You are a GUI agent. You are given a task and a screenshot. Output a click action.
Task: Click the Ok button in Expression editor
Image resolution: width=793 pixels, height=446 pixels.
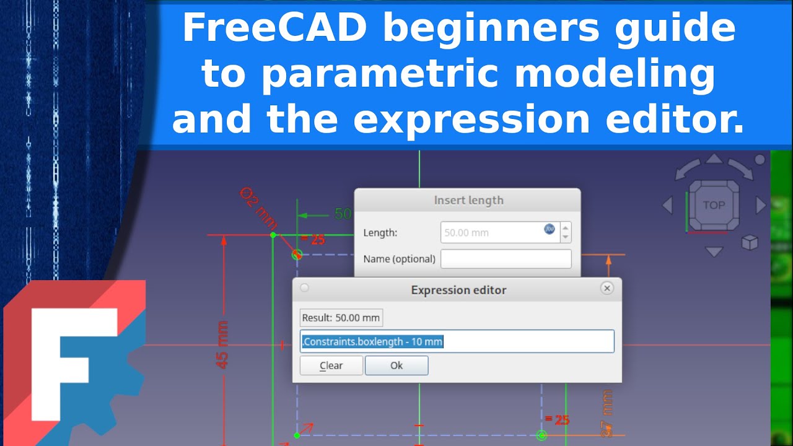[396, 365]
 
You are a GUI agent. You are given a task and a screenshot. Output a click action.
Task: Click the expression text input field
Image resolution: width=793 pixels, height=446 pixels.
[457, 341]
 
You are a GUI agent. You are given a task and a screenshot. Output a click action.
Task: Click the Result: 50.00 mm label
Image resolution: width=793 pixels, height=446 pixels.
[341, 318]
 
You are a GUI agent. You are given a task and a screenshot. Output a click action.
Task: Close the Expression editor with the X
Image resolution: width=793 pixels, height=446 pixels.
[607, 288]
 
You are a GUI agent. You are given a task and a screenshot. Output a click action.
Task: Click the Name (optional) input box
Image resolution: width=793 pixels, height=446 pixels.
[506, 259]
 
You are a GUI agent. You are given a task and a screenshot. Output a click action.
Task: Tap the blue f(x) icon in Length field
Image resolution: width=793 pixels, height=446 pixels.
[550, 229]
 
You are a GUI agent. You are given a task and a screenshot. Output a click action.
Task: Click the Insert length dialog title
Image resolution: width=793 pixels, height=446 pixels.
[468, 200]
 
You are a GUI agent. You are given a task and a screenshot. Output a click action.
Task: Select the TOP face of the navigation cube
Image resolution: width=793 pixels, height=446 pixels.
[714, 205]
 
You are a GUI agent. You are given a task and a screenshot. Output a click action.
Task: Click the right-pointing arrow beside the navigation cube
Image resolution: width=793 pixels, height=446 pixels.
[761, 205]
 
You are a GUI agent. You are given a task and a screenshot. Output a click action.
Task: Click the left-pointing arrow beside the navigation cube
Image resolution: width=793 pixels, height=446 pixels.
[667, 205]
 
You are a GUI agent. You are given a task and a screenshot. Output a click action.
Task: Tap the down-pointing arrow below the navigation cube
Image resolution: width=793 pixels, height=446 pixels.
[714, 251]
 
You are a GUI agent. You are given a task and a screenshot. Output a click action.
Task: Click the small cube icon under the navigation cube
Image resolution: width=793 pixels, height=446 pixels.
[750, 242]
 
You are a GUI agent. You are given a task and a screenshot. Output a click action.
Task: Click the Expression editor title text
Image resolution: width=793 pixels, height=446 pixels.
[458, 290]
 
